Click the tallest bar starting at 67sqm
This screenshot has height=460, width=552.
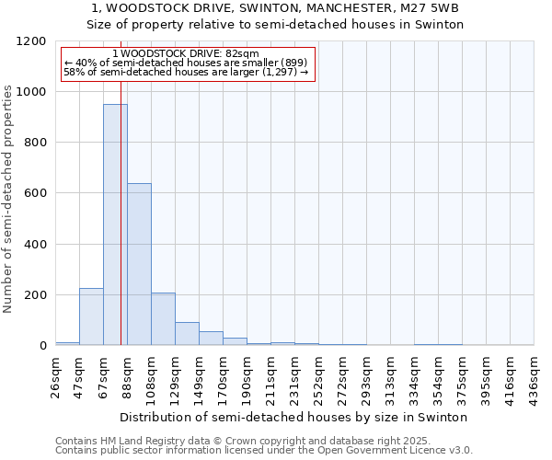(x=115, y=224)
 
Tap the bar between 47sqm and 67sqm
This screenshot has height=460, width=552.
(x=91, y=316)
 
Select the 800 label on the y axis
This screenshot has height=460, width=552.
(x=35, y=143)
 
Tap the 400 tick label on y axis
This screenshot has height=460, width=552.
(x=35, y=245)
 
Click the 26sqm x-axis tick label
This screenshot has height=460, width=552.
(x=56, y=373)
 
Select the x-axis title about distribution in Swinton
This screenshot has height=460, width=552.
(x=294, y=417)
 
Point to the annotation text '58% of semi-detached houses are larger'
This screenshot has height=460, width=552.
(x=186, y=71)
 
